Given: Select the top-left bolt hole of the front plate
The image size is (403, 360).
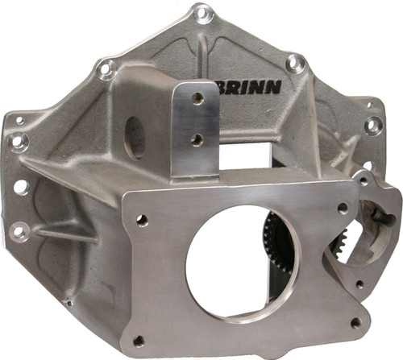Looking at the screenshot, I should (x=142, y=219).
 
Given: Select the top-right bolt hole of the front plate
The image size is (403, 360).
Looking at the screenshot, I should (x=343, y=208).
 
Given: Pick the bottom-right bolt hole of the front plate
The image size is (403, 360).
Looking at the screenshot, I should (x=355, y=322).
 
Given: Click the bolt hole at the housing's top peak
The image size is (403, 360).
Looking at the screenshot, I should (x=203, y=14).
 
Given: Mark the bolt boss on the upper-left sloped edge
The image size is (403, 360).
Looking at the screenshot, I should (x=106, y=69).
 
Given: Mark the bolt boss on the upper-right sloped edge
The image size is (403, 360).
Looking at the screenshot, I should (x=297, y=61).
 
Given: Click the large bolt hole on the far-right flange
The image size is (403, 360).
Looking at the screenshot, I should (x=372, y=125).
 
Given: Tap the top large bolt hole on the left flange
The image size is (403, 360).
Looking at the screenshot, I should (x=18, y=143).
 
